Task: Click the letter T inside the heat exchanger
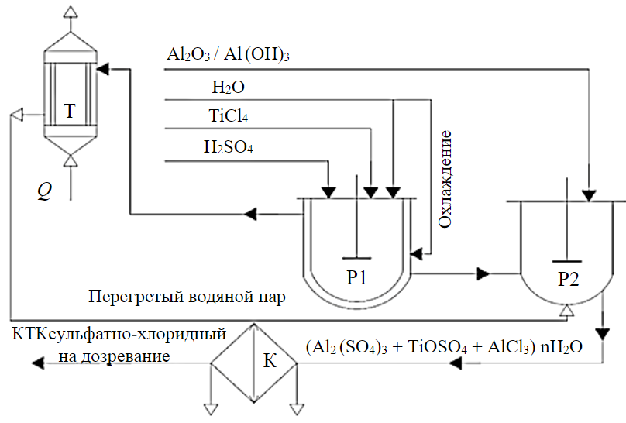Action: click(70, 112)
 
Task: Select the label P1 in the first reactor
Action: click(356, 277)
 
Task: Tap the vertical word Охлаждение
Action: click(445, 179)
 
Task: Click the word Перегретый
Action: click(127, 297)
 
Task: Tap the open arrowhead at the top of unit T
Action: click(71, 12)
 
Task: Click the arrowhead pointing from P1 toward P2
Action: click(483, 273)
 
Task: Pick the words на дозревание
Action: click(115, 356)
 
